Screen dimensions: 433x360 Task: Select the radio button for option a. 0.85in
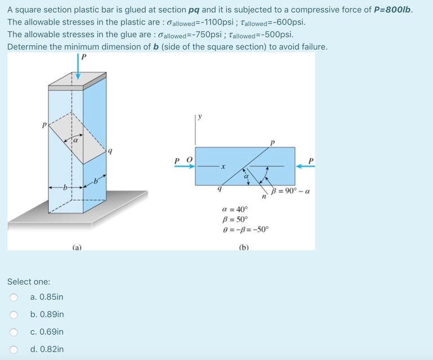[13, 298]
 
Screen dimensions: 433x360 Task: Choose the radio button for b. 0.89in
[13, 314]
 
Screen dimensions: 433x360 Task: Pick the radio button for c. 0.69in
[13, 332]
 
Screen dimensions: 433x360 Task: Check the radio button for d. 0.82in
[13, 349]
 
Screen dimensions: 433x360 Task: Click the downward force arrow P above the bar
[78, 66]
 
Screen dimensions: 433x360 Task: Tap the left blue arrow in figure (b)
[185, 166]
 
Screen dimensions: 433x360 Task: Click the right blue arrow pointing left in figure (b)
[305, 166]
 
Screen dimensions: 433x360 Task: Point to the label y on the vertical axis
[200, 116]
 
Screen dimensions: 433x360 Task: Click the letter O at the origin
[190, 160]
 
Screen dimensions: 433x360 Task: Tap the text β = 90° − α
[290, 191]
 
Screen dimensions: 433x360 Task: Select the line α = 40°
[235, 209]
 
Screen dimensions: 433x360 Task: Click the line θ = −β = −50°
[245, 229]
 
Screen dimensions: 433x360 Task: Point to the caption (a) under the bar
[77, 247]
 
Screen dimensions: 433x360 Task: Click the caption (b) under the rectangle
[244, 247]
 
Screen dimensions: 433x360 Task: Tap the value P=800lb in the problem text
[392, 10]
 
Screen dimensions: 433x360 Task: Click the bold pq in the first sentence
[195, 11]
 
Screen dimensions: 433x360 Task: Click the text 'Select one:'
[29, 282]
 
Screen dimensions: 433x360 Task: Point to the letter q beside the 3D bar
[110, 151]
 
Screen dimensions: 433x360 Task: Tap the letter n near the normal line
[264, 197]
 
